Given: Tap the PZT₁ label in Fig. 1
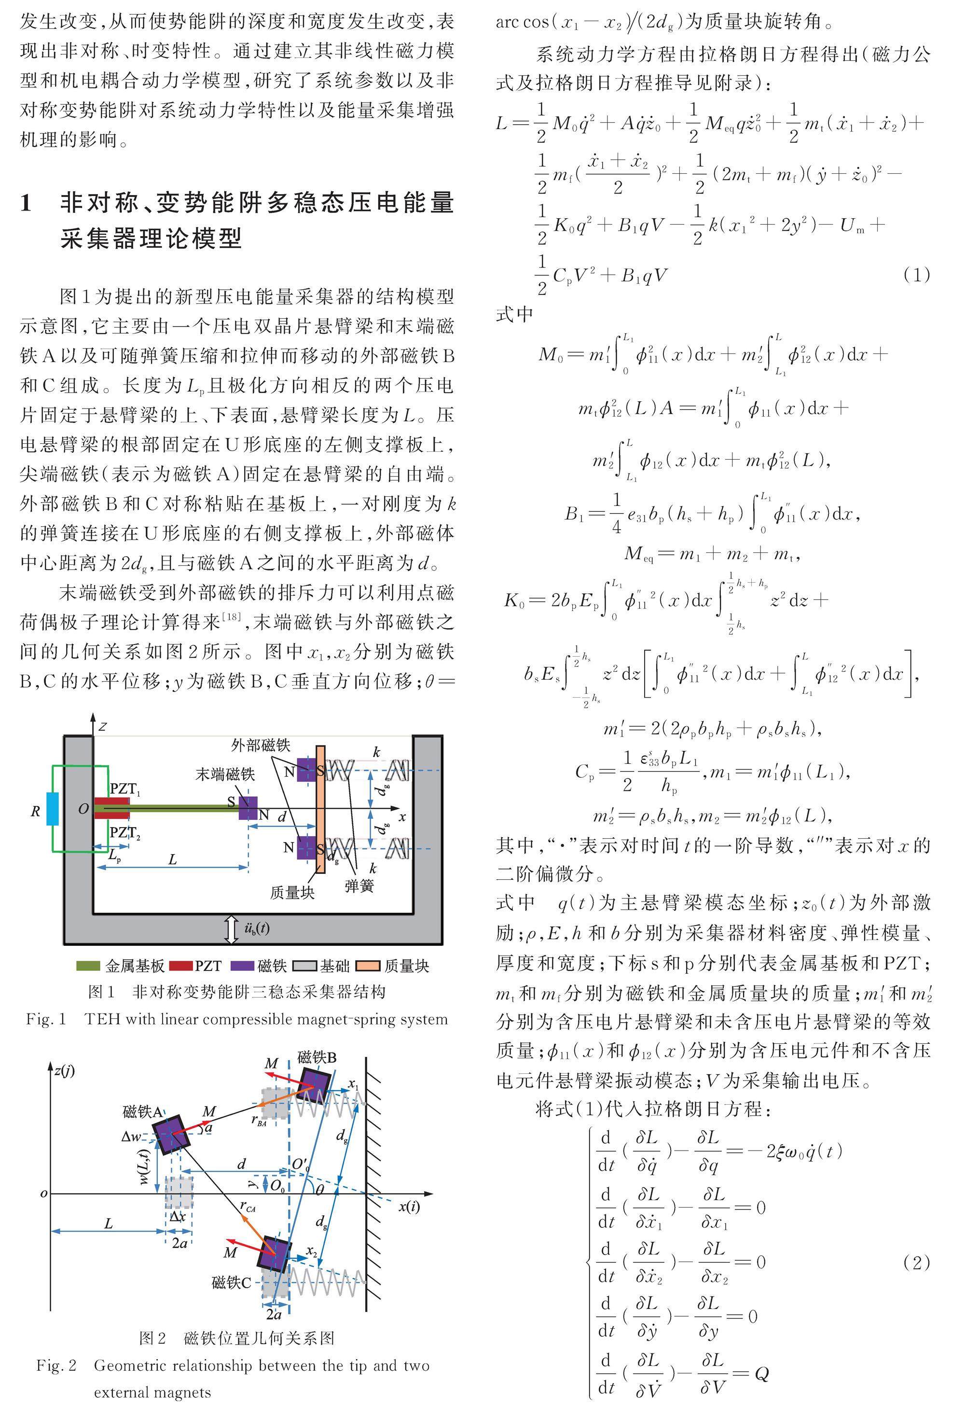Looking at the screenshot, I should [x=125, y=789].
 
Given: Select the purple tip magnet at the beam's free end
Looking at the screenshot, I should [x=248, y=808].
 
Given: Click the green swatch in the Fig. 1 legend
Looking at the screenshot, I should [x=87, y=965].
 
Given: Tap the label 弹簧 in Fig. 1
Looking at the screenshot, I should [x=359, y=885].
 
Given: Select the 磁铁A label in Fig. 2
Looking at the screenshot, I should [x=142, y=1112].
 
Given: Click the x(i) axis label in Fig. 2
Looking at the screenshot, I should [x=409, y=1206].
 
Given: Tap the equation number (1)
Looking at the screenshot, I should [x=916, y=275].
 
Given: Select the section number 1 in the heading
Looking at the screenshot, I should [x=26, y=203].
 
